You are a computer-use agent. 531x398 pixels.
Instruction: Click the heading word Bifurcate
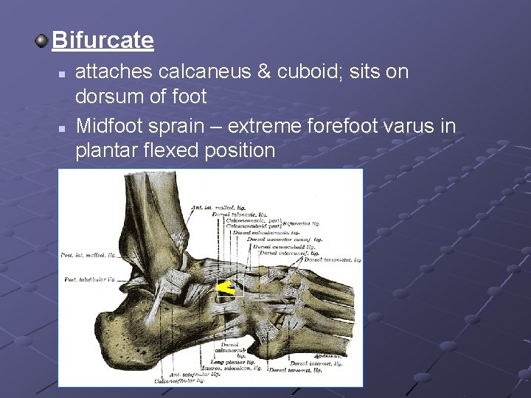click(103, 40)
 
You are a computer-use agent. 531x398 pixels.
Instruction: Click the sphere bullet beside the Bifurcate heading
click(44, 38)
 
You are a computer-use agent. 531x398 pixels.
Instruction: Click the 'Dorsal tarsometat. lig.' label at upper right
click(332, 259)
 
